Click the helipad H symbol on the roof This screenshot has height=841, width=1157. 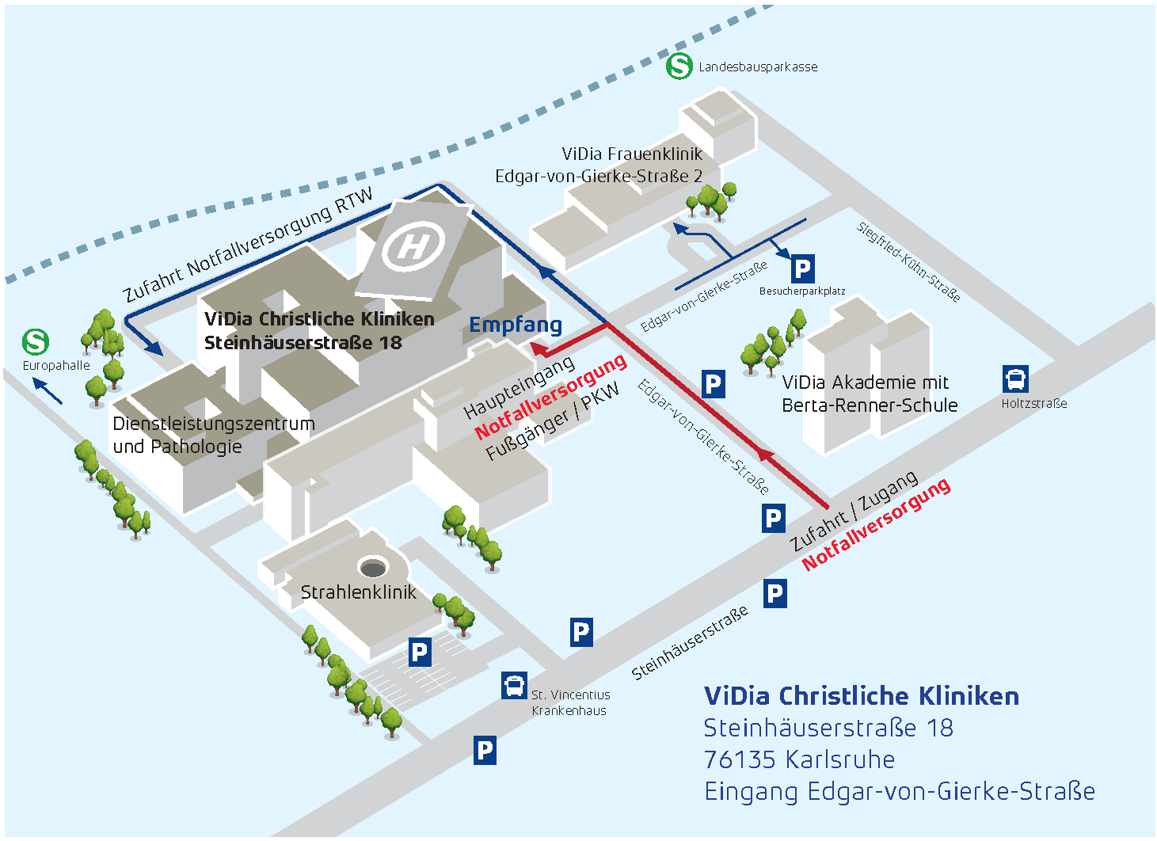click(413, 246)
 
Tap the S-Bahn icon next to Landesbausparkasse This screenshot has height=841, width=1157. click(679, 66)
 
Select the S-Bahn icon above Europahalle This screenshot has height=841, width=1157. click(36, 342)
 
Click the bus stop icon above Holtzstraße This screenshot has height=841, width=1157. click(1015, 379)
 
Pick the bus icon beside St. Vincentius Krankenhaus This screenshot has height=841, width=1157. click(514, 685)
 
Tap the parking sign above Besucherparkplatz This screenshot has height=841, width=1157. click(802, 269)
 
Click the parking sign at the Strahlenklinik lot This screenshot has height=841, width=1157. click(419, 653)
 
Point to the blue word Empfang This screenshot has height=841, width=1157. click(516, 325)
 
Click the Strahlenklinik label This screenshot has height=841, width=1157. click(358, 592)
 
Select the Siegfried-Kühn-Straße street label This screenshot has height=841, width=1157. click(909, 262)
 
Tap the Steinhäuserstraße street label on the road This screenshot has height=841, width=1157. click(690, 643)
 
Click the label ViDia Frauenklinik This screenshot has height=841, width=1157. click(632, 154)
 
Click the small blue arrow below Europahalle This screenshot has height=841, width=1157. click(47, 391)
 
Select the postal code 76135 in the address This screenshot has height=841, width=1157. click(740, 759)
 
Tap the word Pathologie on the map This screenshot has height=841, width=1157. click(197, 447)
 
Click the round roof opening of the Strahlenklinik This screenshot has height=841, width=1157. click(372, 567)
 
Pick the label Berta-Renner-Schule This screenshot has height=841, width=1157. click(870, 405)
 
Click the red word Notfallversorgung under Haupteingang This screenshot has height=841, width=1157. click(551, 397)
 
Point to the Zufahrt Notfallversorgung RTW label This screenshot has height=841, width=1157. click(248, 245)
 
